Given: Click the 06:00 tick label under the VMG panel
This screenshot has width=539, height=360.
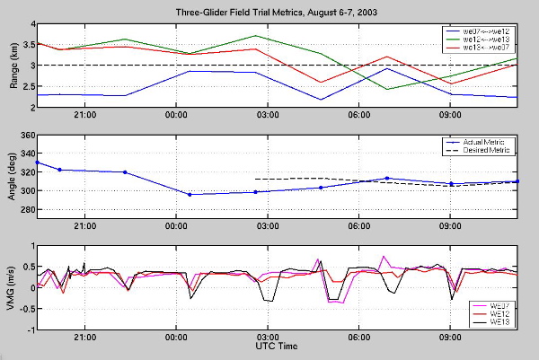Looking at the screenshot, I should click(359, 338).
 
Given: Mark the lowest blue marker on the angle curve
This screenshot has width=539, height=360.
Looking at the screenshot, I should click(190, 195).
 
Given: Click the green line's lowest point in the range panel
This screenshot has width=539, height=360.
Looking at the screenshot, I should click(386, 89).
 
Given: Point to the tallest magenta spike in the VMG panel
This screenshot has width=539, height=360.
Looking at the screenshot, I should click(384, 256).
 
